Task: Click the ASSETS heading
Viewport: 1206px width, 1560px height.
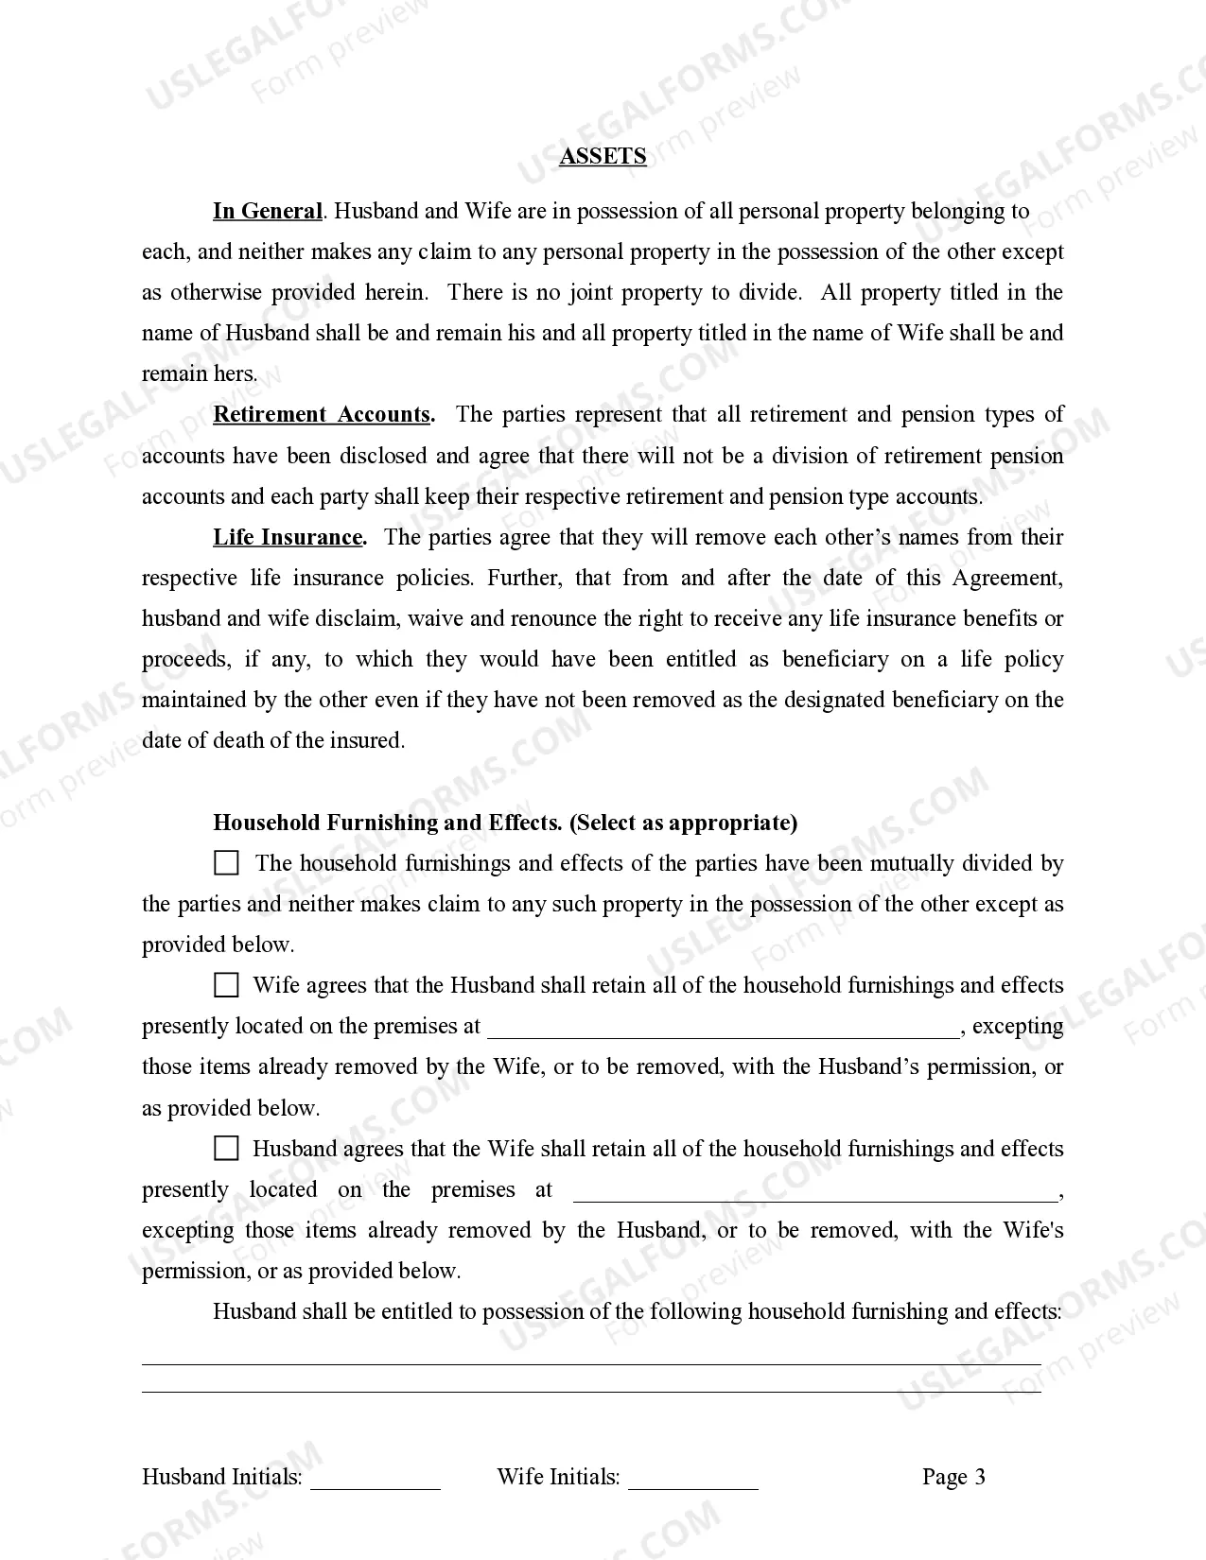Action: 603,156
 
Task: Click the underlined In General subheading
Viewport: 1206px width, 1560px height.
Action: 268,211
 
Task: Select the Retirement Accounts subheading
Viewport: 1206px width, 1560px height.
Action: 323,414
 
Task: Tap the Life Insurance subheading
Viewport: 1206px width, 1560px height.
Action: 288,537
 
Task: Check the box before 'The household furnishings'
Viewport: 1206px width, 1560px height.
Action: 226,862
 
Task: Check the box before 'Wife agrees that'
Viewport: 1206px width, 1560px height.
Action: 226,985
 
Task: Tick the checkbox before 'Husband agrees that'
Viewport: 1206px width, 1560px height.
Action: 226,1149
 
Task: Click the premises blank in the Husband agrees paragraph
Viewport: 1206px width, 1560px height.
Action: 815,1194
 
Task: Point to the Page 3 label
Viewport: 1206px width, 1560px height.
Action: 953,1477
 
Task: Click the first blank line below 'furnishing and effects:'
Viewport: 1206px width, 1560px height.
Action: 591,1361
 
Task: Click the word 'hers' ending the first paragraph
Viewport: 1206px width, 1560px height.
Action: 235,373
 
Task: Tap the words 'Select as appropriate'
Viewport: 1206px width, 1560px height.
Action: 683,823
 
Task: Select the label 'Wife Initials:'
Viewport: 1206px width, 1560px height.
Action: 558,1477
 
